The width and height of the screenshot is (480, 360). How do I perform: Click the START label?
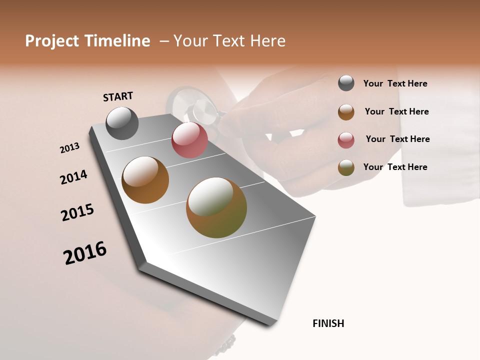pyautogui.click(x=118, y=96)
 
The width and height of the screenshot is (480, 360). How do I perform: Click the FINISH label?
pyautogui.click(x=328, y=323)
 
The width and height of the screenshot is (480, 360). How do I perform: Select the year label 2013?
pyautogui.click(x=70, y=148)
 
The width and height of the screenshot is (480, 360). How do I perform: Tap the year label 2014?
pyautogui.click(x=73, y=177)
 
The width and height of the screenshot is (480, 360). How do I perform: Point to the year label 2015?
pyautogui.click(x=77, y=212)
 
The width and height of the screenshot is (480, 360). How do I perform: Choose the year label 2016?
pyautogui.click(x=85, y=253)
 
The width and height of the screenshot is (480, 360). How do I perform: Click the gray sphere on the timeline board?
pyautogui.click(x=122, y=123)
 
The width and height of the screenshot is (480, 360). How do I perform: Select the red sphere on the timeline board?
pyautogui.click(x=189, y=140)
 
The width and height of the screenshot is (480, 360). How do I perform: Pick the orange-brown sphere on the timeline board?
pyautogui.click(x=145, y=180)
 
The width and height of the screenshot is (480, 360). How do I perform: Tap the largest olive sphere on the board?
pyautogui.click(x=216, y=207)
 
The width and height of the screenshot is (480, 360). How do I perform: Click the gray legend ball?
pyautogui.click(x=346, y=83)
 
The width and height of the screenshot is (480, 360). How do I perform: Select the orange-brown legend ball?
pyautogui.click(x=346, y=111)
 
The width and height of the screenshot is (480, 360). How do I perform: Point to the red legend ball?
pyautogui.click(x=346, y=139)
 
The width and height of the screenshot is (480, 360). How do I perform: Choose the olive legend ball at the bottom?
pyautogui.click(x=346, y=167)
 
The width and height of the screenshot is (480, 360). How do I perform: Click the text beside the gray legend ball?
pyautogui.click(x=395, y=83)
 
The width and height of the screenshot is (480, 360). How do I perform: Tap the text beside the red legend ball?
pyautogui.click(x=397, y=139)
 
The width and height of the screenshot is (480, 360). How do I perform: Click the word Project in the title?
pyautogui.click(x=52, y=41)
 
